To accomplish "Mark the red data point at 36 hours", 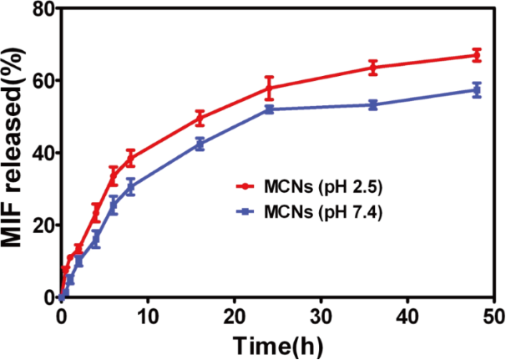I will click(x=373, y=67).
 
